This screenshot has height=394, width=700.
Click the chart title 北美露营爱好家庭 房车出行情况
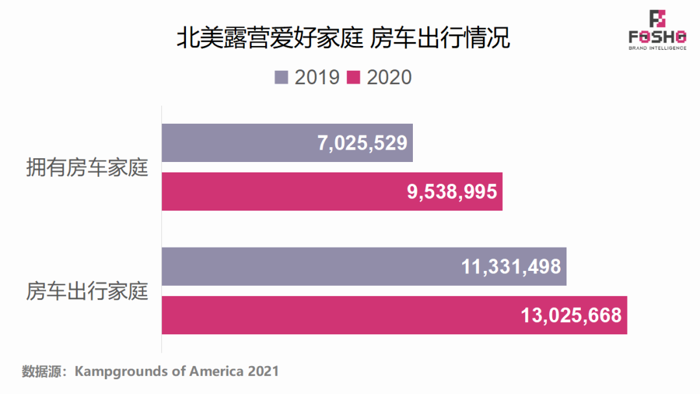pos(343,38)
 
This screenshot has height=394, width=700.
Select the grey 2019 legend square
pos(281,77)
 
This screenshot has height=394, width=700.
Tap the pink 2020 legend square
pos(353,77)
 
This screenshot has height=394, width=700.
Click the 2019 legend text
pos(317,77)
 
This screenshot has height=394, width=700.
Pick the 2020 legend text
pos(389,77)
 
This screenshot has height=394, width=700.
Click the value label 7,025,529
pos(362,143)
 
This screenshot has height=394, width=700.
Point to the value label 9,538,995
pos(452,192)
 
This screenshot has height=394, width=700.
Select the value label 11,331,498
pos(511,266)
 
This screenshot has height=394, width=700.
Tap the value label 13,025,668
pos(571,316)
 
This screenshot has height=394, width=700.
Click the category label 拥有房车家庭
pos(87,168)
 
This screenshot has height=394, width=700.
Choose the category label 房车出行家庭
pos(87,291)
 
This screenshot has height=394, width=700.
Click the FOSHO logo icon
pos(657,19)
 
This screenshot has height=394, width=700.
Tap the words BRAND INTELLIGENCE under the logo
pos(657,48)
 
